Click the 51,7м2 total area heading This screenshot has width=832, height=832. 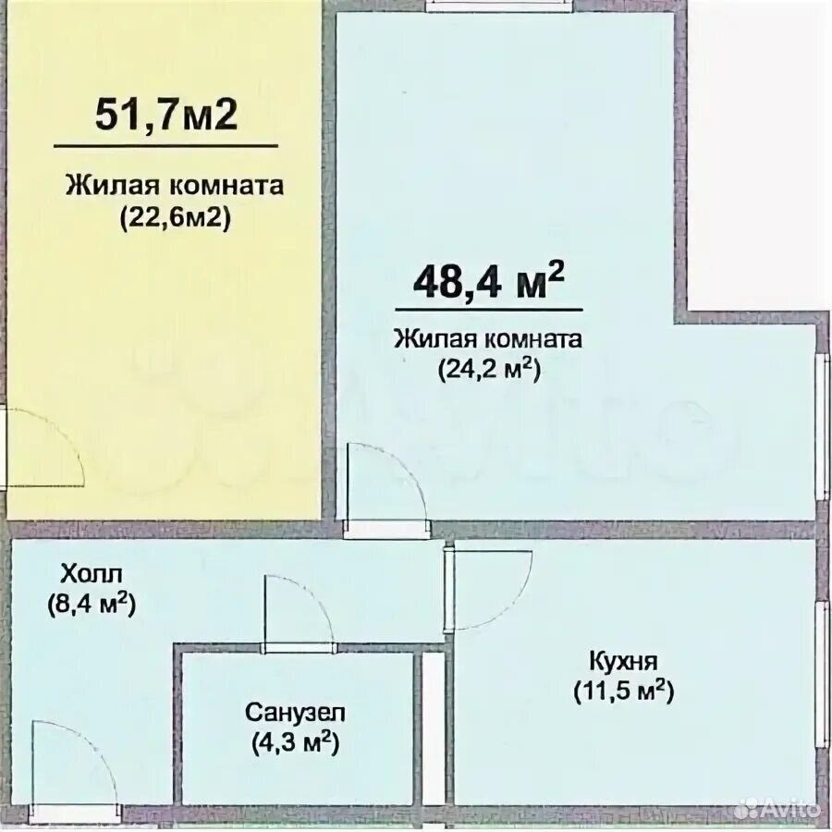point(166,115)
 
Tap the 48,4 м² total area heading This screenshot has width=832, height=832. point(488,281)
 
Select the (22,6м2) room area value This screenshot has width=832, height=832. point(175,218)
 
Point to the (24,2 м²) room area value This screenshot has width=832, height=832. point(489,369)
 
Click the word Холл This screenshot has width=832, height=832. point(92,574)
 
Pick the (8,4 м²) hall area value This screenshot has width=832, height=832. point(92,605)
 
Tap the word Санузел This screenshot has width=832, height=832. point(295,712)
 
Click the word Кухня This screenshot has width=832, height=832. point(623,662)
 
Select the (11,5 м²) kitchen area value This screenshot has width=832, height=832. point(623,691)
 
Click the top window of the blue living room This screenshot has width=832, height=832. point(500,6)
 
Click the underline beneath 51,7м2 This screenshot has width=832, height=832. point(166,145)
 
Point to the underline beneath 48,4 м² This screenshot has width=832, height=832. point(489,310)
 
